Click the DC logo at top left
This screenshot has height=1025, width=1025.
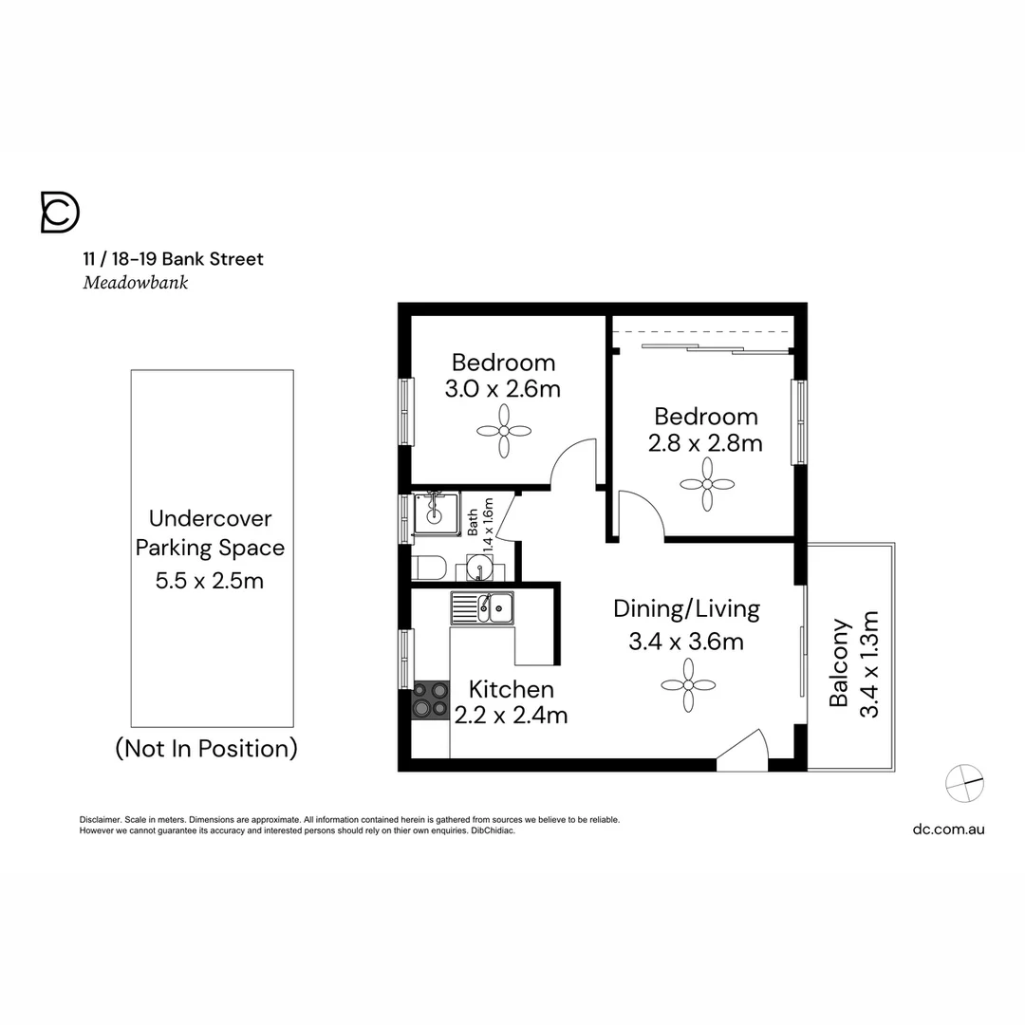(60, 212)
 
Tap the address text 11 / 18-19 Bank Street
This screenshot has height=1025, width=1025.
(173, 258)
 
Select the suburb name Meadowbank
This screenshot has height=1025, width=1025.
(135, 283)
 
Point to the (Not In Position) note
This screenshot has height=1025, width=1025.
(206, 749)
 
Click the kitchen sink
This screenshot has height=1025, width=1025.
(482, 607)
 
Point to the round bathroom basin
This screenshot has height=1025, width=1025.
(480, 569)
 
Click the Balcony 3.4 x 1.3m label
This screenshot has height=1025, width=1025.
(853, 663)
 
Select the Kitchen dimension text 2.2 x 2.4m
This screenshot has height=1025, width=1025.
(511, 716)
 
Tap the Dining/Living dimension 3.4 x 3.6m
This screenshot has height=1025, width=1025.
(686, 642)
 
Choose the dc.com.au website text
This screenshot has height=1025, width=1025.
(948, 829)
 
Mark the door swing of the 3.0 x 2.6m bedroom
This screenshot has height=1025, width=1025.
(574, 463)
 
